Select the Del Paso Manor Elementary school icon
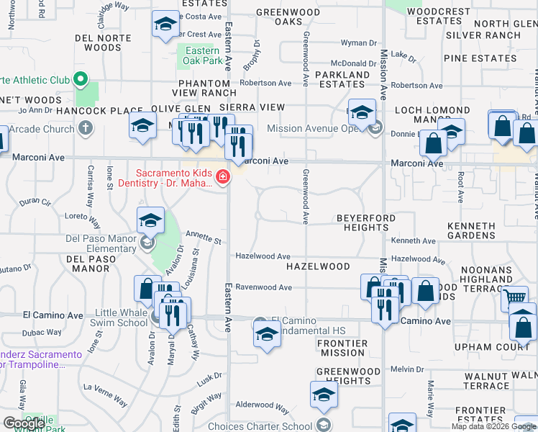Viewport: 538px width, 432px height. [150, 220]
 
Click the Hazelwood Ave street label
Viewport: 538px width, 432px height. [263, 256]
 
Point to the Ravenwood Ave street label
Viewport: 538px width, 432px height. [264, 287]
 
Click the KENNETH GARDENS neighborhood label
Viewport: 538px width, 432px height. [471, 230]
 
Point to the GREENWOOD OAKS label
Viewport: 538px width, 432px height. [289, 17]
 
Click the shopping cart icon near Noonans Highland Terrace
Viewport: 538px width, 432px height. [514, 297]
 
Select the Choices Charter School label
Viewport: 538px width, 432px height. [270, 426]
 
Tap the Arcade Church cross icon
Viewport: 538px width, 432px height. [86, 129]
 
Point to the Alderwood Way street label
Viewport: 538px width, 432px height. [263, 407]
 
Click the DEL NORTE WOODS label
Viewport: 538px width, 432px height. [98, 42]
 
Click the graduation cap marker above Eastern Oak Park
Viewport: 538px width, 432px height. [165, 26]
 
